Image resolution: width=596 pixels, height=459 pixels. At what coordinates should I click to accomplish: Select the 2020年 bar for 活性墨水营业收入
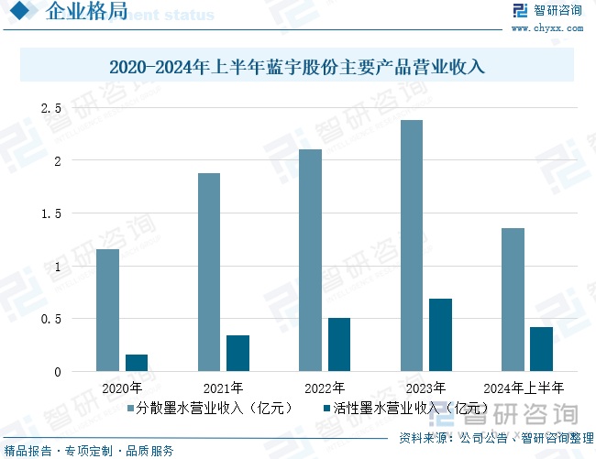137,363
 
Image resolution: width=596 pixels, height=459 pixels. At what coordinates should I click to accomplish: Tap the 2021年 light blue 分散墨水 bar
208,272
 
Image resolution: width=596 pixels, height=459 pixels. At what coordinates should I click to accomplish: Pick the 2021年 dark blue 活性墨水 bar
237,353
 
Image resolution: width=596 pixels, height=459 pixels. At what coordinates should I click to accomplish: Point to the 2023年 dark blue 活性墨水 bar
440,334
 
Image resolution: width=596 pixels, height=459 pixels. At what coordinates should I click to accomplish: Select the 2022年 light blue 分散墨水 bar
310,260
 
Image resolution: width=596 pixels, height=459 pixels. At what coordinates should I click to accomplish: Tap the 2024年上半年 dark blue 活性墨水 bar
541,349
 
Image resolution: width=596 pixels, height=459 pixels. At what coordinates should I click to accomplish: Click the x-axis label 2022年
325,388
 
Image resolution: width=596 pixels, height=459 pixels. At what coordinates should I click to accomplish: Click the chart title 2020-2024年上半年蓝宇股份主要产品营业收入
297,67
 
